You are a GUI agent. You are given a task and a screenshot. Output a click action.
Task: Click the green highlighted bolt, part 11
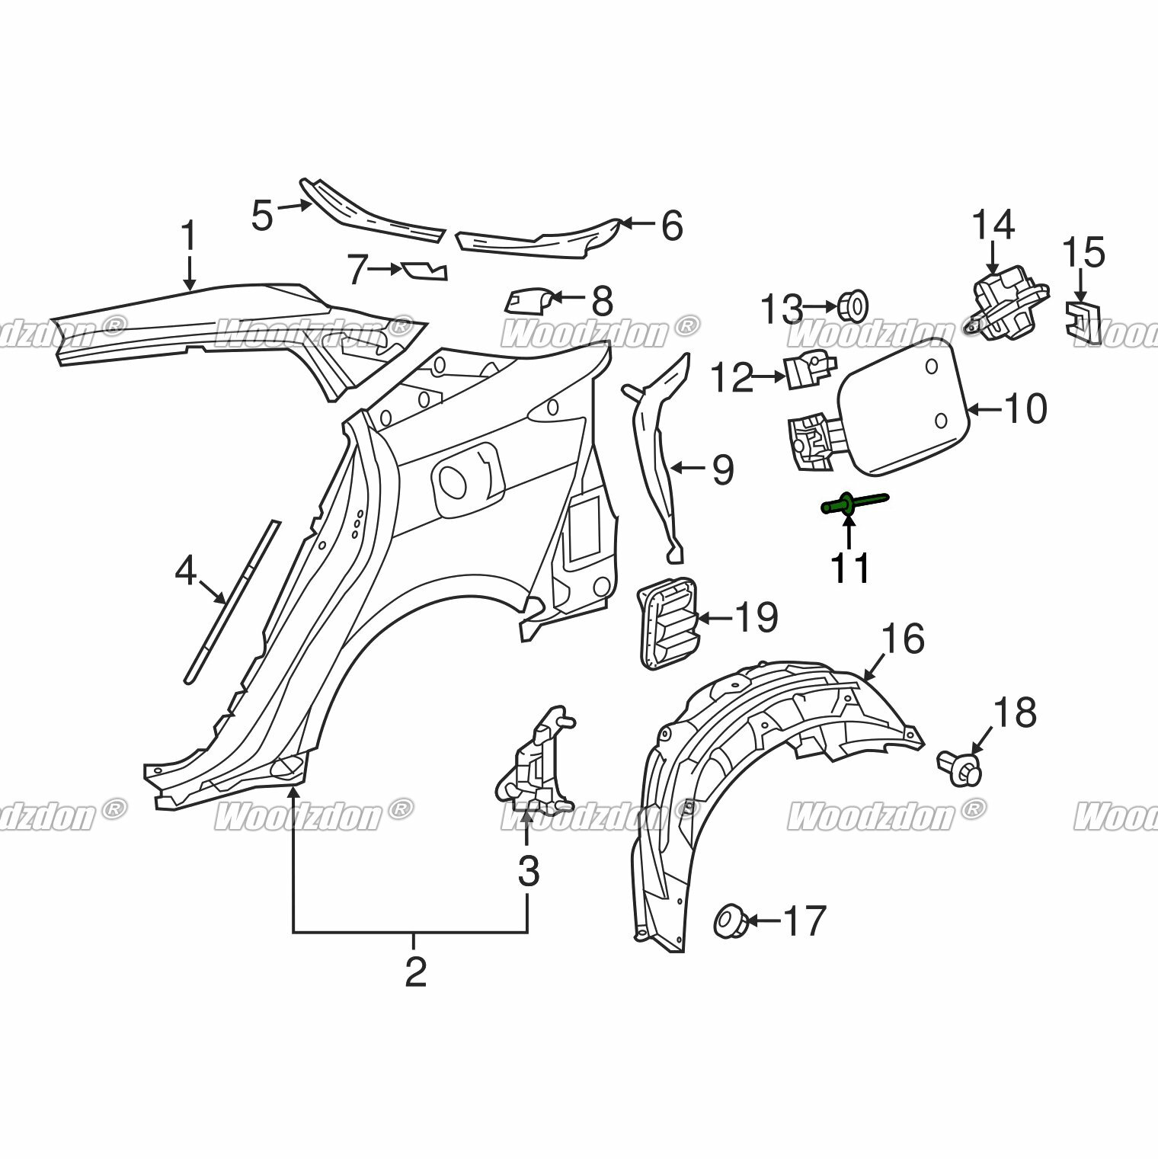tap(853, 504)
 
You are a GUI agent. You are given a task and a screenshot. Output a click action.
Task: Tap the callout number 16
tap(903, 639)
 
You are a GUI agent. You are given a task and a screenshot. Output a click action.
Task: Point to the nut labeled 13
tap(855, 306)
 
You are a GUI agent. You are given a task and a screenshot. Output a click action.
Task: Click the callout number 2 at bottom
tap(415, 972)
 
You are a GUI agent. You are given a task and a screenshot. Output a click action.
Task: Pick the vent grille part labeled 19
tap(667, 624)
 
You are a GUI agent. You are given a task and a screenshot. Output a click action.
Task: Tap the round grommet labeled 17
tap(731, 920)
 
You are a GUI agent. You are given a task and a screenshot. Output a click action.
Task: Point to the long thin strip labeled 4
tap(232, 602)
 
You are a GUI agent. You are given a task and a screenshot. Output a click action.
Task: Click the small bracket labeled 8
tap(526, 300)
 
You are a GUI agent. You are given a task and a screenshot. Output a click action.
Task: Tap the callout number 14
tap(993, 225)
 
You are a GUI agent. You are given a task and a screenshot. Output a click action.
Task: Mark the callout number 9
tap(722, 469)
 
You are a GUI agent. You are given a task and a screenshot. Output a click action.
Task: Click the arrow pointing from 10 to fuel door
tap(984, 410)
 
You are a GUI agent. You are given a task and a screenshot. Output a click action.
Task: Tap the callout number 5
tap(262, 215)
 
